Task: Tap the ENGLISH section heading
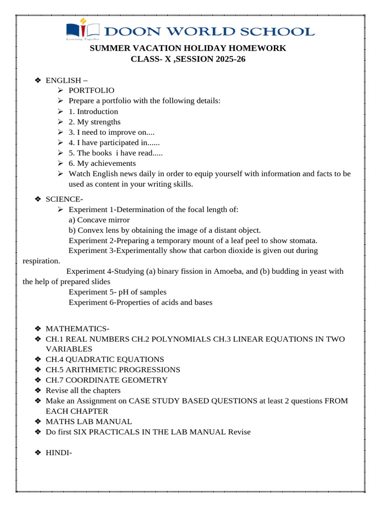pos(63,80)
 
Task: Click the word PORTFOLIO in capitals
pos(91,91)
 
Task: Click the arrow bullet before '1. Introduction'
pos(60,111)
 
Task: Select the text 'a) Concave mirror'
pos(99,220)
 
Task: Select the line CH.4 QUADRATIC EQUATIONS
pos(105,359)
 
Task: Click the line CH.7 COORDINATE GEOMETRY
pos(106,380)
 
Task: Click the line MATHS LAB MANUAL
pos(89,422)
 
